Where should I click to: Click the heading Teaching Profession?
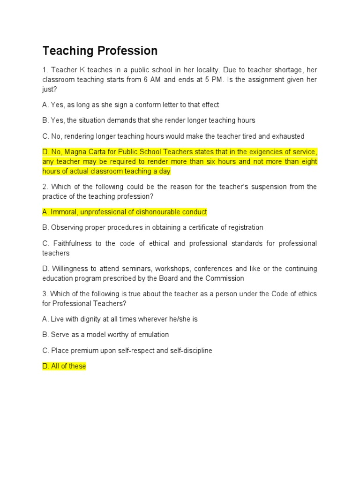100,51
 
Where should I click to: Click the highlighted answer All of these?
64,366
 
